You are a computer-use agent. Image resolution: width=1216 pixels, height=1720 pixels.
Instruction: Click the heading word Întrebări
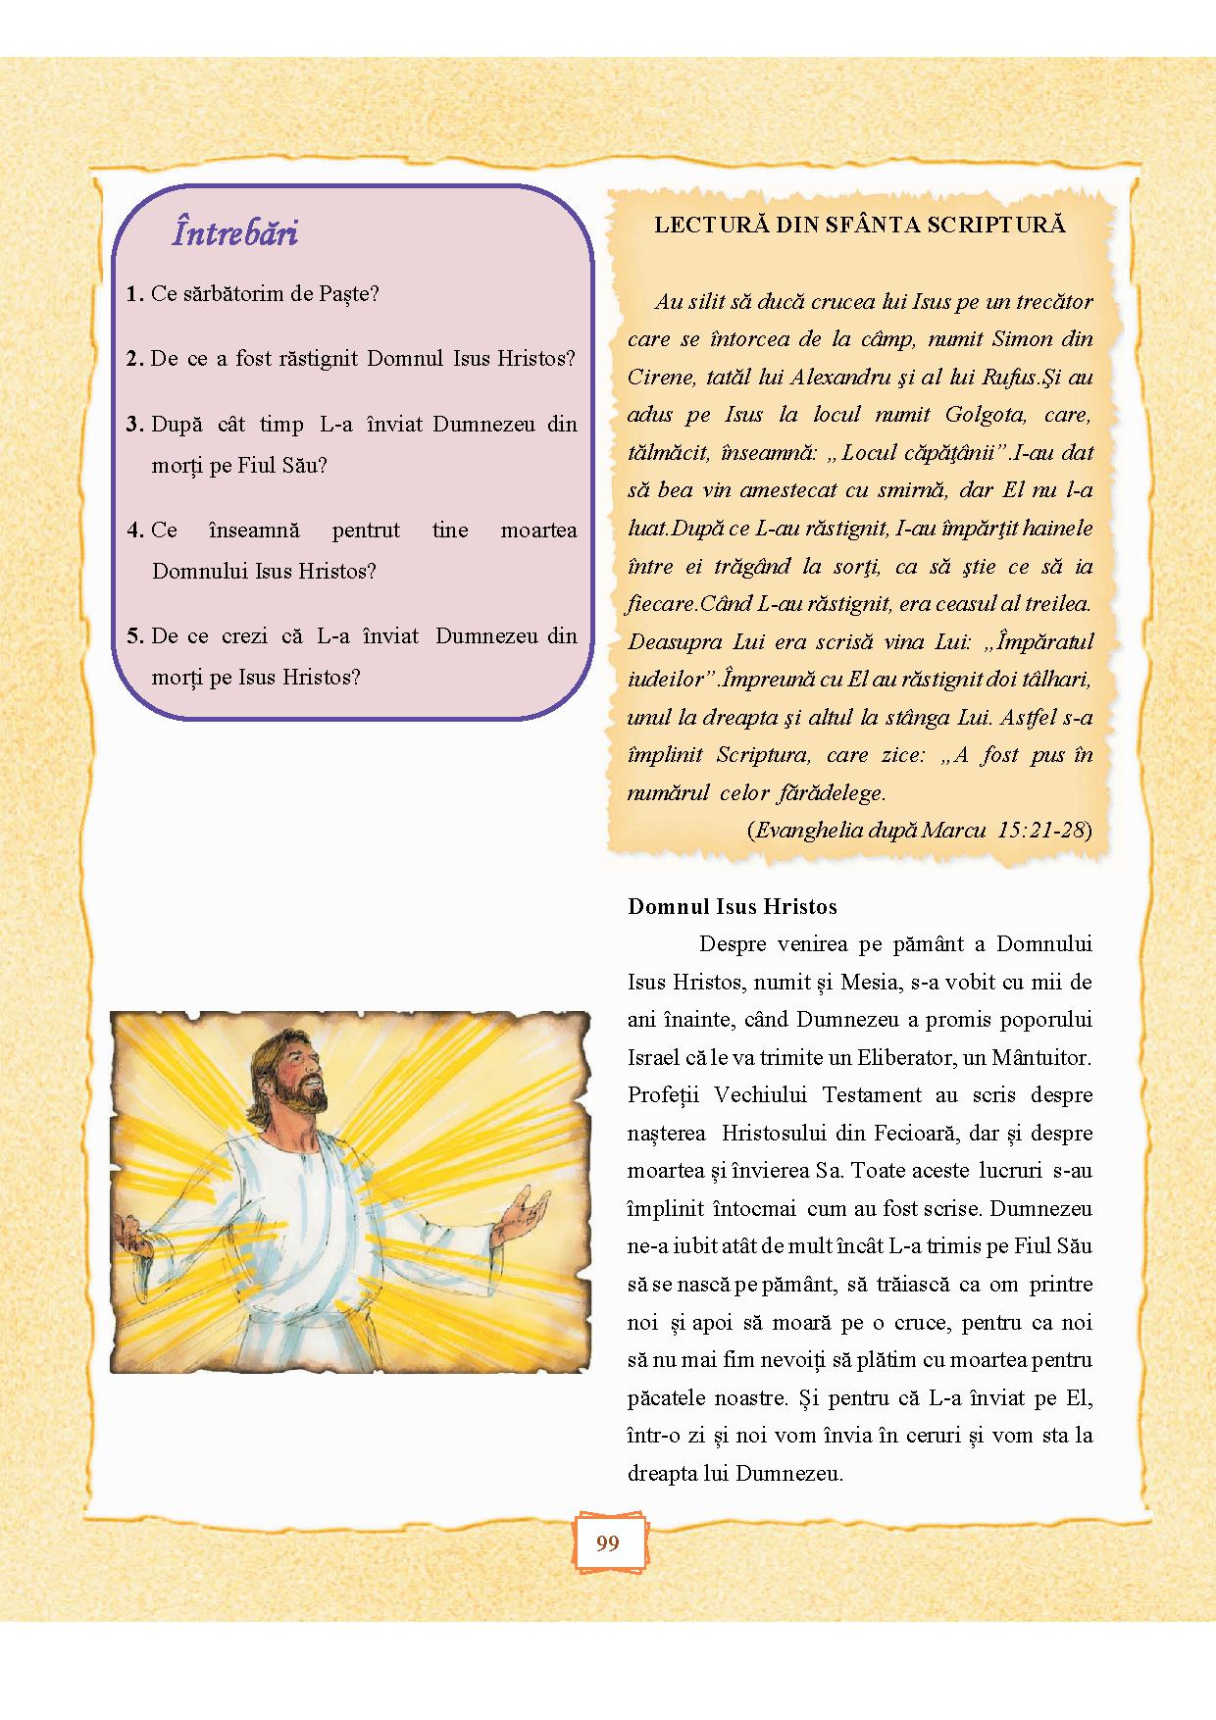[235, 233]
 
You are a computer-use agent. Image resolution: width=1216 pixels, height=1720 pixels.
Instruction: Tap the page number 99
[608, 1543]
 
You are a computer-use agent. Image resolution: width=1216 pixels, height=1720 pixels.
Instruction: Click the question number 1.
[133, 294]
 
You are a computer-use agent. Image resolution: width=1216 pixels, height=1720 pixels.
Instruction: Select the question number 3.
[134, 425]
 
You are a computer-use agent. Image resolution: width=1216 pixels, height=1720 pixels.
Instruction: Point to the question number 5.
[134, 636]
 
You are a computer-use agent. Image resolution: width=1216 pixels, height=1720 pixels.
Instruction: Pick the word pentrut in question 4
[366, 531]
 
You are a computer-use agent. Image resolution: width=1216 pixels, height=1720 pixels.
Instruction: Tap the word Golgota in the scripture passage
[986, 415]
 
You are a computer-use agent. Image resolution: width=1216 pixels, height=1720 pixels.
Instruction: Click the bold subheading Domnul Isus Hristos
[733, 906]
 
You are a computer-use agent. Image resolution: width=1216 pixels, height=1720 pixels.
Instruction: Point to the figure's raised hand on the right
[527, 1213]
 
